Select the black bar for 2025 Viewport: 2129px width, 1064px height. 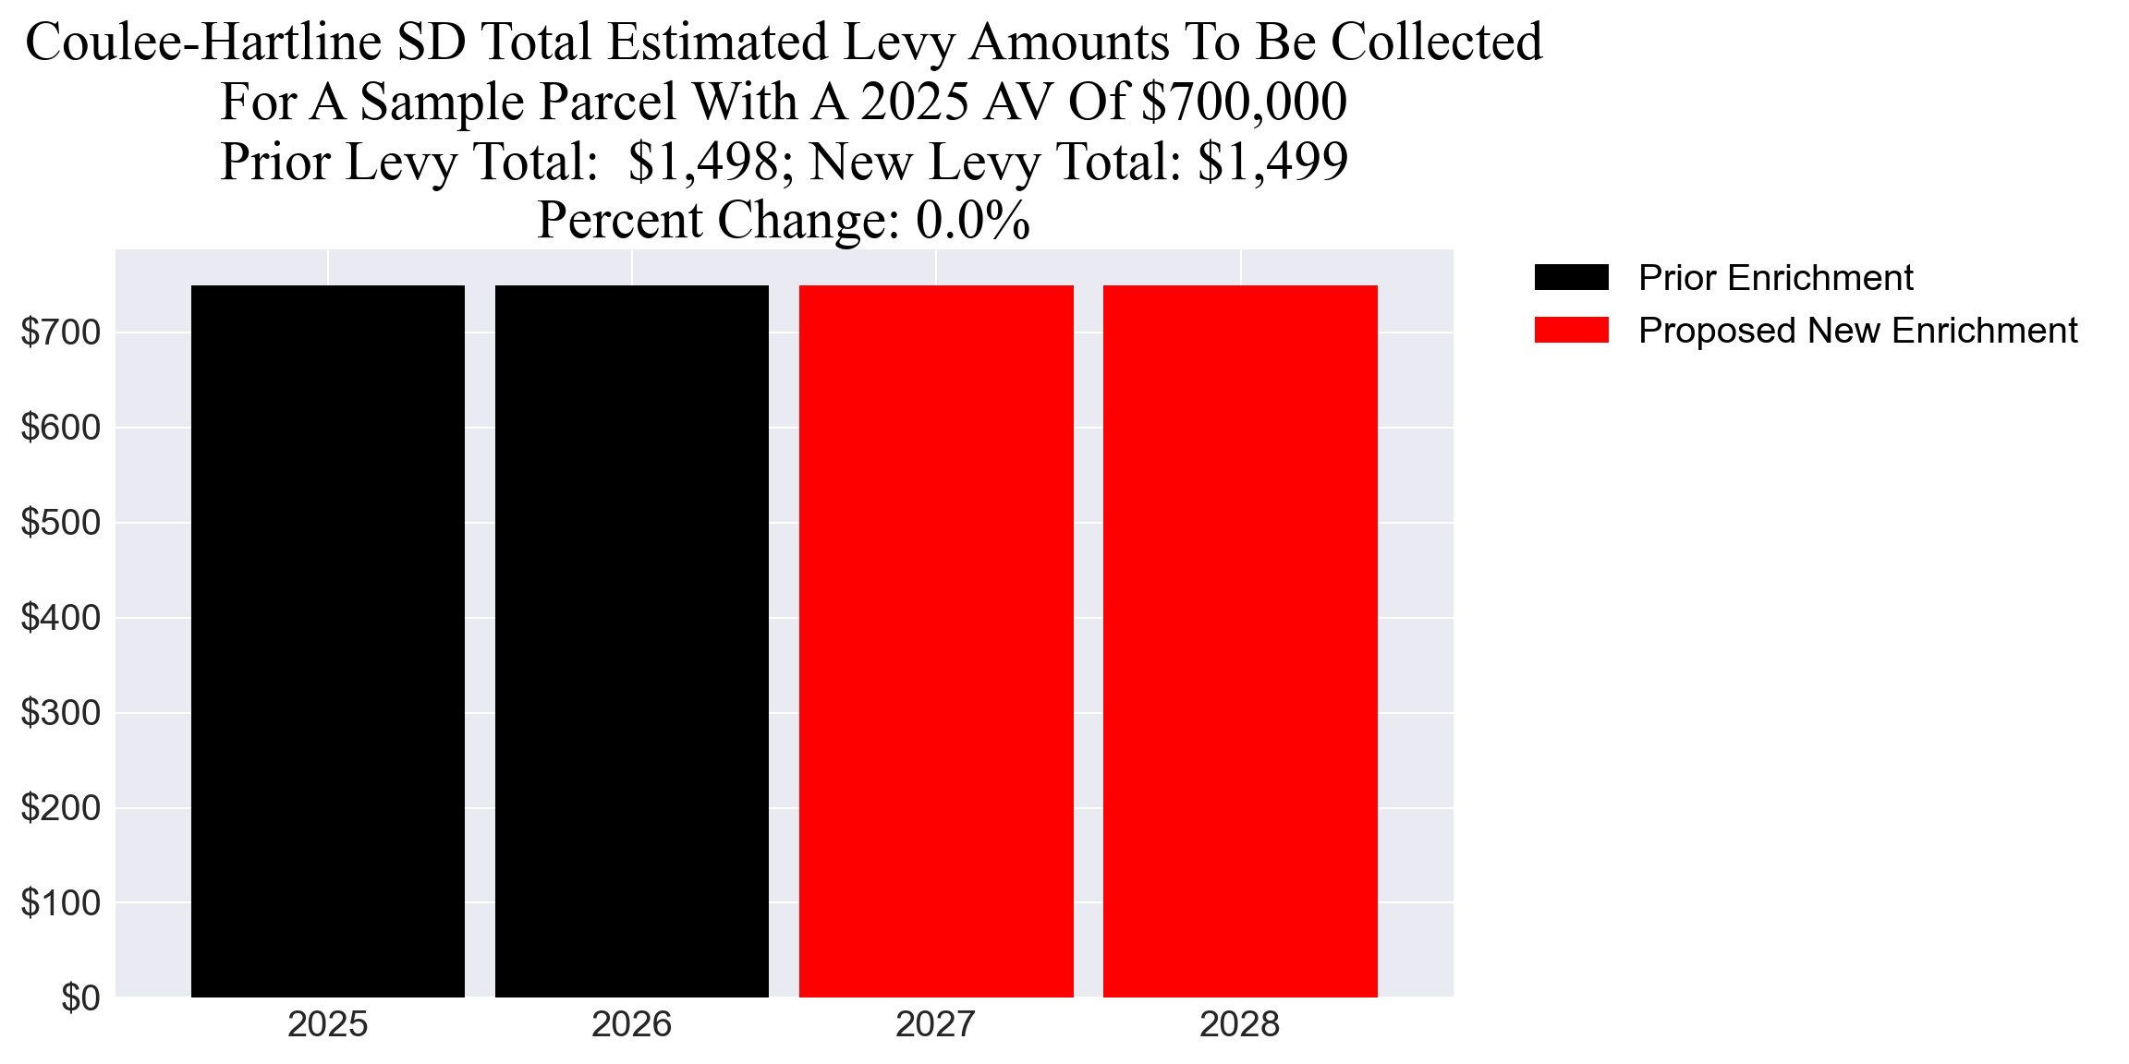(327, 641)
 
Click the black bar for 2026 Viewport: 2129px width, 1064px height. (631, 641)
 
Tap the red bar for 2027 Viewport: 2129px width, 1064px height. (936, 641)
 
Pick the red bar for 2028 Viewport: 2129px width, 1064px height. (1240, 641)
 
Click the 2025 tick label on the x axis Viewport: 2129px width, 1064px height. (327, 1024)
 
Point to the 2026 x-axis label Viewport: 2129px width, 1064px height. (631, 1024)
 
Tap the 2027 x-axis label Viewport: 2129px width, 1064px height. (936, 1024)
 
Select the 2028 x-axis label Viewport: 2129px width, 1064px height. (1240, 1024)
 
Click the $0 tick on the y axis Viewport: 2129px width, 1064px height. (80, 997)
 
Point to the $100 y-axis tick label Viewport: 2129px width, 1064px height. (61, 902)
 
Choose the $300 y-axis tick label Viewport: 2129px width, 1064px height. (61, 712)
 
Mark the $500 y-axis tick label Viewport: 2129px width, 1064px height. (61, 522)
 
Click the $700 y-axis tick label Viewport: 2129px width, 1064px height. (61, 332)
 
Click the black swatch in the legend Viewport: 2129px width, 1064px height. (1571, 277)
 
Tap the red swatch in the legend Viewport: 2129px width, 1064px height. (1571, 330)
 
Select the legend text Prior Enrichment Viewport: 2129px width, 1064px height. (1775, 277)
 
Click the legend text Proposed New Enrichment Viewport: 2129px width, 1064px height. (1857, 330)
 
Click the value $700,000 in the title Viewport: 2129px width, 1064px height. (1244, 102)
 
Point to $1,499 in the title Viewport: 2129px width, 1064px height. (1272, 162)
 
